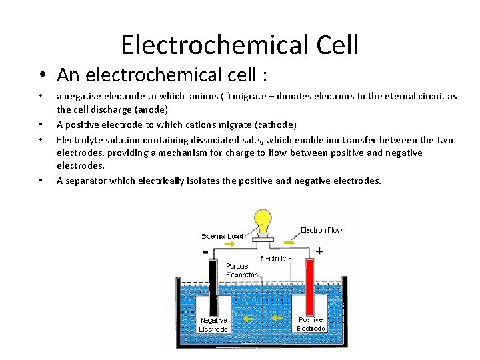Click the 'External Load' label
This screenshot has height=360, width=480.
[222, 236]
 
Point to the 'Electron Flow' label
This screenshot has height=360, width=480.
[321, 231]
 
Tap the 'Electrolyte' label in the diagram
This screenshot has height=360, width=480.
[275, 259]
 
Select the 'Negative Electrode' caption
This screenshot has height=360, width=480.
[213, 325]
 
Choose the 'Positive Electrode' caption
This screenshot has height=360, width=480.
[310, 324]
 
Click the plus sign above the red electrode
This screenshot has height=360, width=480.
[319, 251]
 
